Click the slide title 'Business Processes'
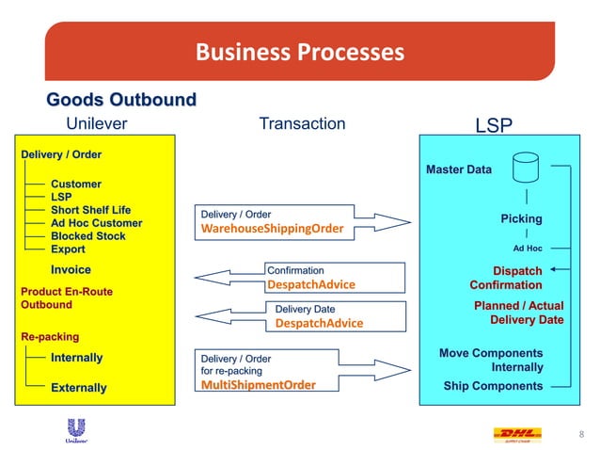(x=299, y=51)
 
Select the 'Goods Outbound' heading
(x=121, y=100)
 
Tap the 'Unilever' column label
(x=96, y=123)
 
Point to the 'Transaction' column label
(x=302, y=123)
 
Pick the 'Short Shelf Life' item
(x=90, y=210)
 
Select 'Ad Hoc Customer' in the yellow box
(x=96, y=223)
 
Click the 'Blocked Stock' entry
(x=87, y=236)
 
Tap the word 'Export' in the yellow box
(x=68, y=249)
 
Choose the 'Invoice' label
(x=71, y=270)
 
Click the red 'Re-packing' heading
(x=50, y=336)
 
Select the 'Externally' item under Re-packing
(x=78, y=388)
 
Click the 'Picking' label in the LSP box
(x=521, y=218)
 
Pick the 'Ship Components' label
(x=493, y=386)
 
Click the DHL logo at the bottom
(x=517, y=434)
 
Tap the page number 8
(x=580, y=434)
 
